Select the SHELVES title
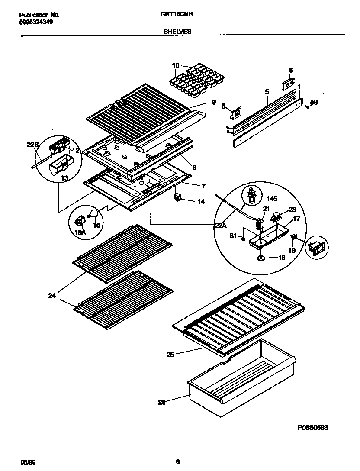coord(177,31)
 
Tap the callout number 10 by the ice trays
coord(175,65)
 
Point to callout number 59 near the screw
coord(314,103)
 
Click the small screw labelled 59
coord(307,106)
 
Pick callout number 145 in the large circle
coord(272,199)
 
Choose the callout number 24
coord(51,296)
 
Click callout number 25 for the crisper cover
coord(170,355)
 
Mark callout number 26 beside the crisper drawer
coord(162,402)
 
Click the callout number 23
coord(292,208)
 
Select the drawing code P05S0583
coord(313,427)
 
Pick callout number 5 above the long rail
coord(267,92)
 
